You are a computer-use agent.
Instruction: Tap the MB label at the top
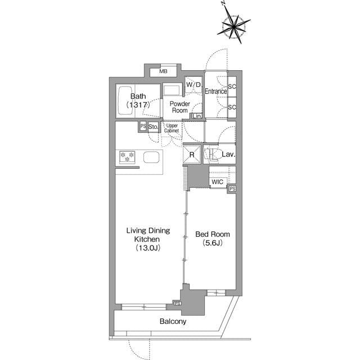(x=163, y=71)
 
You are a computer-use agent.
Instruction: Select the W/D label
(x=193, y=84)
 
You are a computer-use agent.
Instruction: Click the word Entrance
(x=215, y=91)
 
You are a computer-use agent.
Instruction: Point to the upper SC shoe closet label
(x=232, y=87)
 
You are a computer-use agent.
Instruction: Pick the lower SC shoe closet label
(x=232, y=107)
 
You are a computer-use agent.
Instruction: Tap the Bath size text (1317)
(x=138, y=105)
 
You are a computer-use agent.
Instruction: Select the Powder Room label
(x=180, y=107)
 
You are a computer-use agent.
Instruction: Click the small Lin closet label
(x=197, y=116)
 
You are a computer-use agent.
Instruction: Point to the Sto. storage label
(x=153, y=127)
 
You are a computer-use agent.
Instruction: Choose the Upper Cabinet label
(x=172, y=128)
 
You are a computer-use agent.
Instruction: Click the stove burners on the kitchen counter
(x=127, y=157)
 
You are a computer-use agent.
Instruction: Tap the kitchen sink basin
(x=151, y=157)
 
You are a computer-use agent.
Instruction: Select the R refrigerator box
(x=192, y=154)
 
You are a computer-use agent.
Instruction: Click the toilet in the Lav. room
(x=213, y=154)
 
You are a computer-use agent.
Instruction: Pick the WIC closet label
(x=218, y=182)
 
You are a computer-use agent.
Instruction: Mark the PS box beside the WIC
(x=232, y=189)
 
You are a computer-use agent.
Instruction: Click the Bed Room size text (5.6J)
(x=213, y=243)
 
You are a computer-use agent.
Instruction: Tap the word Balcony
(x=173, y=321)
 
